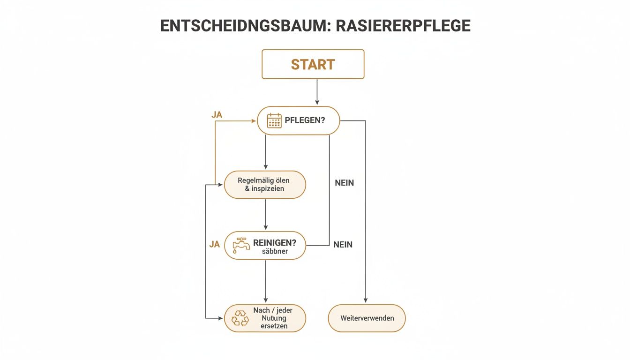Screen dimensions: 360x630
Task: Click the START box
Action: pyautogui.click(x=313, y=64)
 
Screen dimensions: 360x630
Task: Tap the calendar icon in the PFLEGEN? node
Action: pyautogui.click(x=274, y=120)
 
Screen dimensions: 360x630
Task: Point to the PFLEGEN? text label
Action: pyautogui.click(x=305, y=120)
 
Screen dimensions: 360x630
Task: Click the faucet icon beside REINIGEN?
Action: pyautogui.click(x=241, y=245)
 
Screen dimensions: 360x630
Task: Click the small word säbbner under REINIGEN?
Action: pyautogui.click(x=275, y=251)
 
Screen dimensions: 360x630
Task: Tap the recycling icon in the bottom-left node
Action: pyautogui.click(x=240, y=318)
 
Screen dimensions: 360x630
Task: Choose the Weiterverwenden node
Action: pyautogui.click(x=367, y=318)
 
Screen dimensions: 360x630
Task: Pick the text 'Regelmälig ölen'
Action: pyautogui.click(x=264, y=180)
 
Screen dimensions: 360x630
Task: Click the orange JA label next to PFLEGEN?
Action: pyautogui.click(x=216, y=114)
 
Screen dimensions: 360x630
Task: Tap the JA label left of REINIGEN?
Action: pyautogui.click(x=214, y=244)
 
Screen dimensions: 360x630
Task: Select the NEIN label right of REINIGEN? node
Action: pyautogui.click(x=343, y=244)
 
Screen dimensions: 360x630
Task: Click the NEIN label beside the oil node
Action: pyautogui.click(x=344, y=183)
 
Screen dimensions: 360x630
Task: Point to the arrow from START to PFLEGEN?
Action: pyautogui.click(x=317, y=91)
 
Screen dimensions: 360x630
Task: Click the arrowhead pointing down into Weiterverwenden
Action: pyautogui.click(x=366, y=300)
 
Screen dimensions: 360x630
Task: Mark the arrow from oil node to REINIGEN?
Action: pyautogui.click(x=266, y=214)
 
